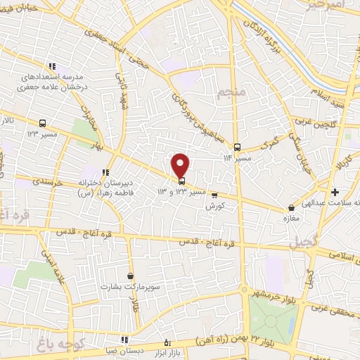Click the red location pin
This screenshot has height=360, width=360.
point(181,165)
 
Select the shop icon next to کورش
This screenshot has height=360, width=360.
point(214,195)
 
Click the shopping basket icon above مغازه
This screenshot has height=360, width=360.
point(292,207)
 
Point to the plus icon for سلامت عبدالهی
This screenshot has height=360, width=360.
point(335,192)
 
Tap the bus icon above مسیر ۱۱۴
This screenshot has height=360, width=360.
point(237,147)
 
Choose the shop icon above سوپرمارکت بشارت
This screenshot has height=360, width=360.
point(130,276)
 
